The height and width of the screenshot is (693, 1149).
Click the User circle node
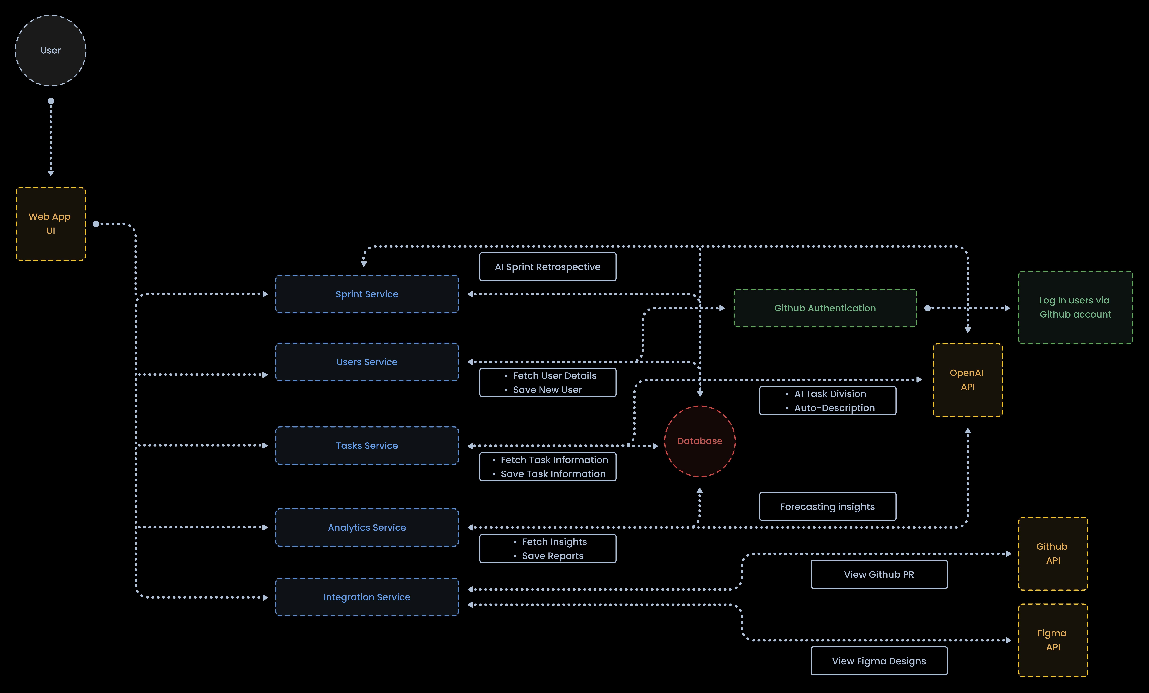(50, 50)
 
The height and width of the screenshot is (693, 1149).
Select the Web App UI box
(50, 223)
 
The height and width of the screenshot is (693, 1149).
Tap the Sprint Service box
(367, 294)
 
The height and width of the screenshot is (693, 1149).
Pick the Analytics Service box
(367, 527)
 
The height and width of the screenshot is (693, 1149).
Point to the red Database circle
(699, 441)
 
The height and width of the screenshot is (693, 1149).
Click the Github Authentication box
(824, 308)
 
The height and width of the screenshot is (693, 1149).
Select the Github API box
(1052, 553)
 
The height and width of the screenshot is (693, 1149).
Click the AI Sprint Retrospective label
(547, 267)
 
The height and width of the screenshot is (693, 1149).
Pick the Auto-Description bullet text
(834, 408)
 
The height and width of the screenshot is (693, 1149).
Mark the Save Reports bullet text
(553, 556)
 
